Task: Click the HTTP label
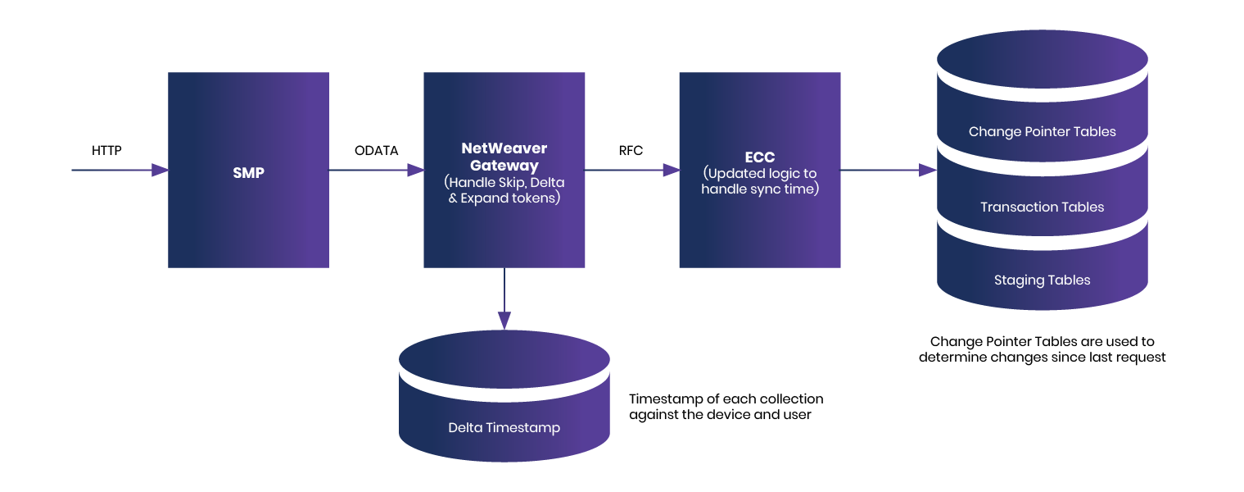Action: [x=106, y=151]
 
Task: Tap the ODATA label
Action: [x=376, y=151]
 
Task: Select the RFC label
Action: [x=631, y=151]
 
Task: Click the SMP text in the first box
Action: [x=248, y=174]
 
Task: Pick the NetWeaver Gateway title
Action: [x=504, y=157]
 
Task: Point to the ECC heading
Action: [x=759, y=157]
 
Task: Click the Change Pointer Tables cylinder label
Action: [x=1042, y=131]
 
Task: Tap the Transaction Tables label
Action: [x=1042, y=207]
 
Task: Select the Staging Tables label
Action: [x=1042, y=280]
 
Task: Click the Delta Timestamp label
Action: [x=504, y=428]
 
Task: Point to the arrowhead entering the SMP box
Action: [x=160, y=170]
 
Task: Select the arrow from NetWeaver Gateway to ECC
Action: [x=631, y=170]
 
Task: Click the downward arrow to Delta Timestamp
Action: [x=504, y=299]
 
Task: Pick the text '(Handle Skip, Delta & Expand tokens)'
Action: [x=504, y=190]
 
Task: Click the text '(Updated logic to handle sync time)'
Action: [x=759, y=182]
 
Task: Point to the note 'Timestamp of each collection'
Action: [x=726, y=399]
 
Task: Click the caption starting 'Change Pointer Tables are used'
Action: [x=1042, y=342]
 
